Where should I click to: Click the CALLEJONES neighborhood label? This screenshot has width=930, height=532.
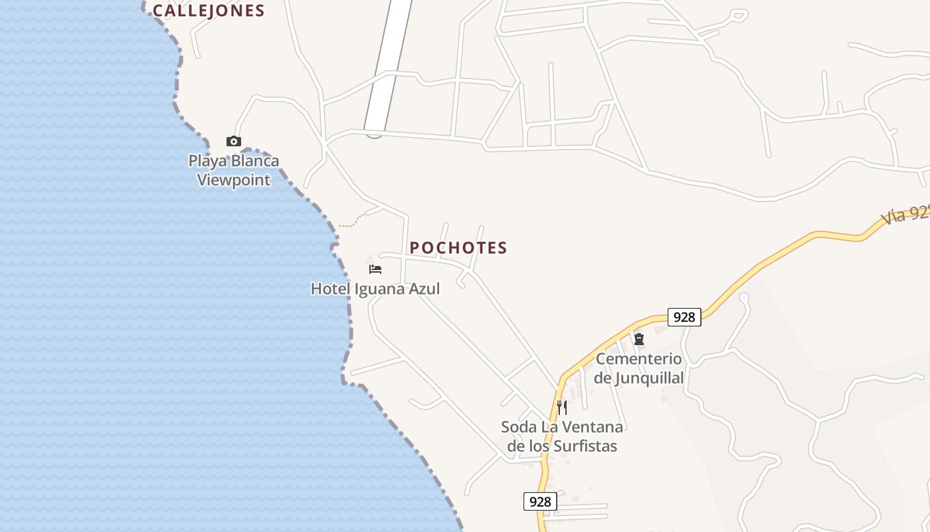(x=209, y=11)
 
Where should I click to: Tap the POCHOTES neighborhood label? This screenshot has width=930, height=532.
(x=458, y=248)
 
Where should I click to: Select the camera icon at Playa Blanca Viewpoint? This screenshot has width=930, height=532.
(x=233, y=141)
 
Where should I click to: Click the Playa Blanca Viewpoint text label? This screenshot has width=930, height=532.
(x=234, y=170)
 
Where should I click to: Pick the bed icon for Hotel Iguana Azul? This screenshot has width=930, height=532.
(x=375, y=269)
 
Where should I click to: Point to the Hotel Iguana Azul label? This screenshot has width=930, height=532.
(x=375, y=289)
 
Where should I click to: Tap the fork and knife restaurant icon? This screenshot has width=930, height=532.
(x=562, y=407)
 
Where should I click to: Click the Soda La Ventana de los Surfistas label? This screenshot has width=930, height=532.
(x=562, y=436)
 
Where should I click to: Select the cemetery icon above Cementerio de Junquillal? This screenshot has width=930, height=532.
(x=639, y=339)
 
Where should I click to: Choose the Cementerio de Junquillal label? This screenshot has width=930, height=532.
(x=639, y=368)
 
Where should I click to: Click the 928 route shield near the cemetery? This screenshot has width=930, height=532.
(x=684, y=317)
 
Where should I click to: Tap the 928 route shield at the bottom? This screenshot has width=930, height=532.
(x=540, y=501)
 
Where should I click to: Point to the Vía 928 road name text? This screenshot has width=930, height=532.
(x=905, y=214)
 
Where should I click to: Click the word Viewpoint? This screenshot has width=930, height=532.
(x=234, y=180)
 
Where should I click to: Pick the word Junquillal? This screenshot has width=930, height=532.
(x=648, y=378)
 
